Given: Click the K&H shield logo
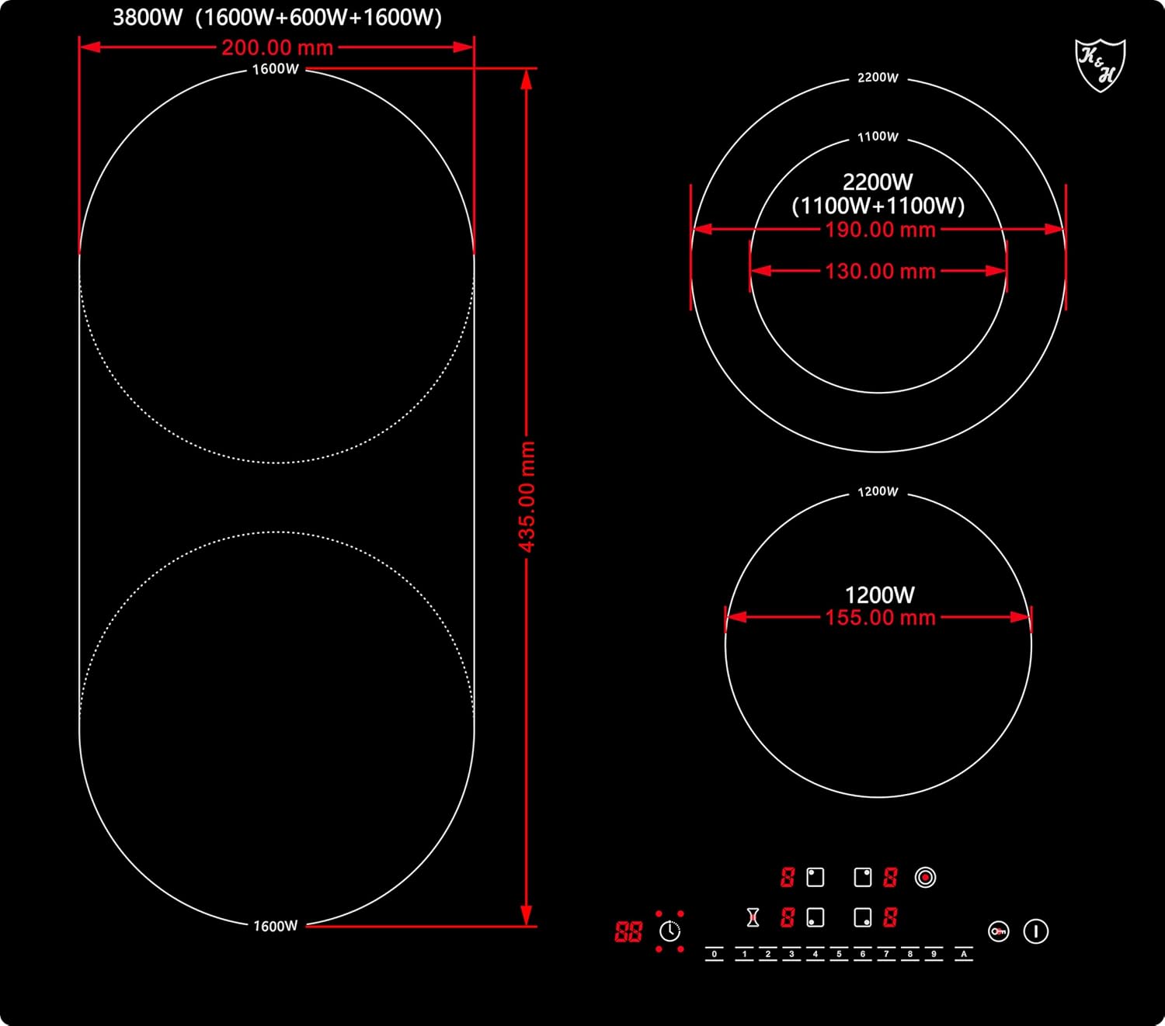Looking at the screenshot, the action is click(x=1100, y=65).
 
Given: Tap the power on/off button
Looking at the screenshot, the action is click(x=1036, y=931).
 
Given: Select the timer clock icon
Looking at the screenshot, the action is click(x=670, y=931).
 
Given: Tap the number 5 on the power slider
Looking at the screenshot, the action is click(x=839, y=954).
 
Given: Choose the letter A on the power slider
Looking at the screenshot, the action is click(x=964, y=954).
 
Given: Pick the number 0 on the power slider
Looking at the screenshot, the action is click(x=715, y=954).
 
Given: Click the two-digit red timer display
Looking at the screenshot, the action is click(x=628, y=931).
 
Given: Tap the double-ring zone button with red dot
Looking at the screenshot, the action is click(x=925, y=877).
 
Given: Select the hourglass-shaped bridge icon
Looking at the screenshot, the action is click(x=753, y=917).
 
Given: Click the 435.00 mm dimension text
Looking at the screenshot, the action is click(x=527, y=497).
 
